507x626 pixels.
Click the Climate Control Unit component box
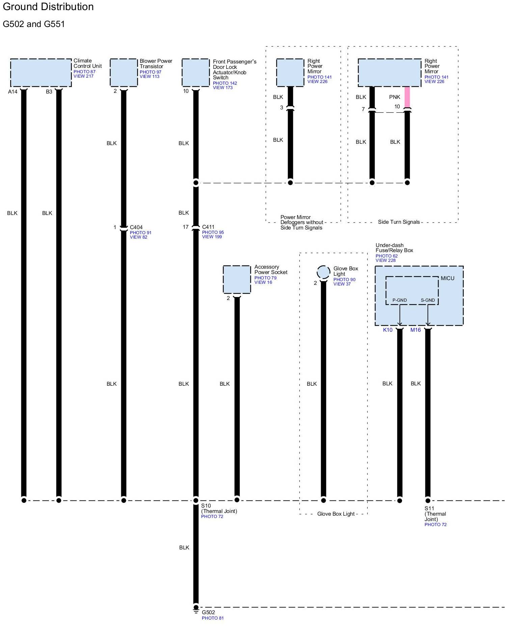coord(41,73)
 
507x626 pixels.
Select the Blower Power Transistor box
coord(124,73)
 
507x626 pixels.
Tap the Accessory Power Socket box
coord(237,279)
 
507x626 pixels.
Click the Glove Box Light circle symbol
coord(323,272)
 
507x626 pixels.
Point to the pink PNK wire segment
coord(407,97)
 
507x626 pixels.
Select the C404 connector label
coord(136,227)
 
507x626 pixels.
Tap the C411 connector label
coord(208,227)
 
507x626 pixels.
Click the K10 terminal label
coord(388,330)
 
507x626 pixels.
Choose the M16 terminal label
coord(416,330)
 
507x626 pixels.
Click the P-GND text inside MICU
coord(399,300)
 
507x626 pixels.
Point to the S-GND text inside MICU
coord(428,300)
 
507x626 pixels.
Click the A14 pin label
coord(13,92)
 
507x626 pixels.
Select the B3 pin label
coord(49,92)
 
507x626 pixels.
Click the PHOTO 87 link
coord(84,72)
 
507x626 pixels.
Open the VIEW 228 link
coord(385,260)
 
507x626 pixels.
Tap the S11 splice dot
coord(428,500)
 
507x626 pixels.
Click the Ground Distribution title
coord(48,7)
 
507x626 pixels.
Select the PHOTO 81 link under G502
coord(213,618)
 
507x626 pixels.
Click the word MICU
coord(447,278)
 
